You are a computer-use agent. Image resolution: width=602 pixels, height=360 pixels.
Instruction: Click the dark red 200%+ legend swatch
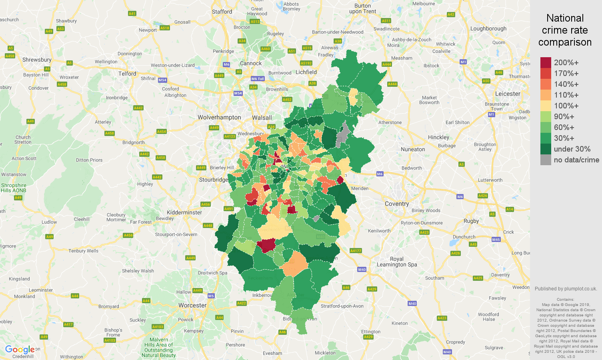coord(546,62)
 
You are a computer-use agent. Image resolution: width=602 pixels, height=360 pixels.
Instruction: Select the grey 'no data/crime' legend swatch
coord(546,160)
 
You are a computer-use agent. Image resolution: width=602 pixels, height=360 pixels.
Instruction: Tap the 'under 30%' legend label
coord(572,149)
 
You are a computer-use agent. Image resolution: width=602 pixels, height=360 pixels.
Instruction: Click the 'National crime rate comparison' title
coord(565,30)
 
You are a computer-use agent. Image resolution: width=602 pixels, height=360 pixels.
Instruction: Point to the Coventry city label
coord(397,204)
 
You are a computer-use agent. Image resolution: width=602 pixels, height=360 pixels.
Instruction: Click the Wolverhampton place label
coord(219,117)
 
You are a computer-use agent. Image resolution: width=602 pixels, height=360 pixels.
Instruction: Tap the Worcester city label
coord(192,305)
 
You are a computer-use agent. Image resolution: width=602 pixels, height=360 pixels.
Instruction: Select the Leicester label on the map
coord(508,94)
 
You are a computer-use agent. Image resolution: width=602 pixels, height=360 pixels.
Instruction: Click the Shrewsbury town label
coord(37,60)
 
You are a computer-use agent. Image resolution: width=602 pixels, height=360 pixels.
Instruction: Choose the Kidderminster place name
coord(184,212)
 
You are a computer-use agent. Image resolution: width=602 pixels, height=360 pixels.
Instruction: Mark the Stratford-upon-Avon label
coord(342,306)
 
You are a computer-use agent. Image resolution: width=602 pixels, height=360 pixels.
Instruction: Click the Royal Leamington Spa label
coord(397,262)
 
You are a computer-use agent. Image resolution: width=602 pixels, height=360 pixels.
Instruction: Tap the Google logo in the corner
coord(20,350)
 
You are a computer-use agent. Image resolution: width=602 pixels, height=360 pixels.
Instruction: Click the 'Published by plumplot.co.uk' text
coord(566,288)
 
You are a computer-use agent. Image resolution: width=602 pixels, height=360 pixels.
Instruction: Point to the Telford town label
coord(127,74)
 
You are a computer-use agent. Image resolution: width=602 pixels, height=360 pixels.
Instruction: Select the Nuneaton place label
coord(413,149)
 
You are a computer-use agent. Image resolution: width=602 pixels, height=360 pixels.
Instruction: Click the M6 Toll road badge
coord(258,79)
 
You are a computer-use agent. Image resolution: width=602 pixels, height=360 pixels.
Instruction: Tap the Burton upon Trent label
coord(362,8)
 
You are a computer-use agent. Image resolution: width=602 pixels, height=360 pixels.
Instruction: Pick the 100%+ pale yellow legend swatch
coord(546,106)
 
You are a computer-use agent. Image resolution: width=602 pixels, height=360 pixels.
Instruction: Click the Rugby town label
coord(471,221)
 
